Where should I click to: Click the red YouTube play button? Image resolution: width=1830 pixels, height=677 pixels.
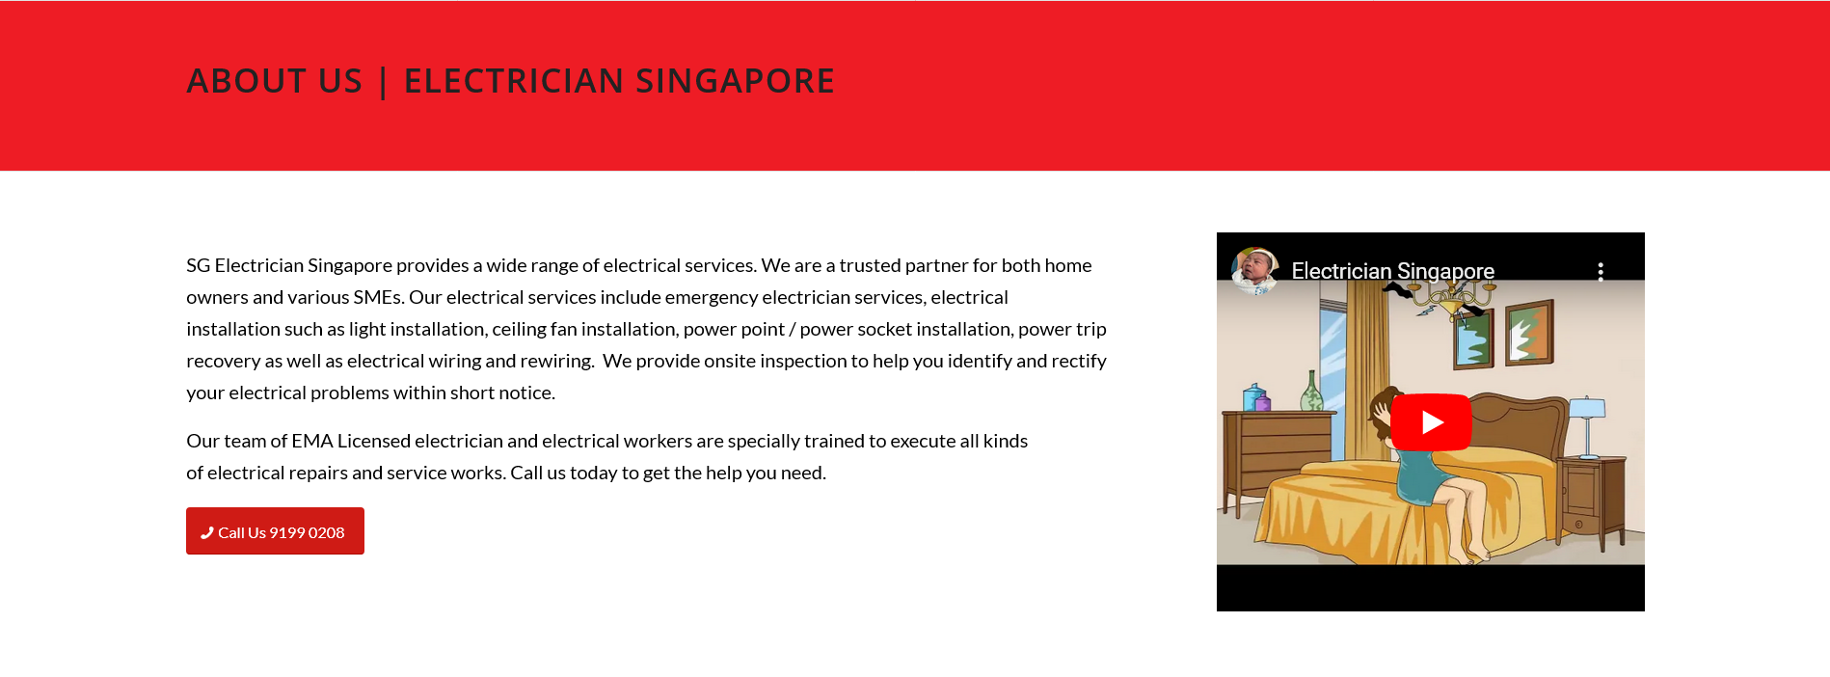click(x=1431, y=422)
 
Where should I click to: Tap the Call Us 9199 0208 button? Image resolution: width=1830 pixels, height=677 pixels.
click(x=275, y=531)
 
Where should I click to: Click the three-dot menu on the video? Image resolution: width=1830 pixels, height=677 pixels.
click(x=1601, y=272)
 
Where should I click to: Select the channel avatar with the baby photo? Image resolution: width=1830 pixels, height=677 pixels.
click(x=1254, y=271)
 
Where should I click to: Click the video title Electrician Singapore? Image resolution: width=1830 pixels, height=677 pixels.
click(x=1392, y=272)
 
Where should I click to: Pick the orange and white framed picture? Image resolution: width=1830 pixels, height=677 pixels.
click(x=1530, y=333)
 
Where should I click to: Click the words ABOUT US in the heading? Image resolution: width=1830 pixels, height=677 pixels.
click(x=275, y=81)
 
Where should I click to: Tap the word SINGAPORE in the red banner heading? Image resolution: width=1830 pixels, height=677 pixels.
click(x=735, y=81)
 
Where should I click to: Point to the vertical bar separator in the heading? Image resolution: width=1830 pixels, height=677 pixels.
click(x=384, y=82)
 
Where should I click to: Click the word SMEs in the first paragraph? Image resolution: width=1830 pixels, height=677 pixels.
click(x=377, y=297)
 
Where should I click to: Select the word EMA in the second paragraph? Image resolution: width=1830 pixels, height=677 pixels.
click(x=312, y=441)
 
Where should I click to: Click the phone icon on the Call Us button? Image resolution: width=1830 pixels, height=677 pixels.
click(x=206, y=532)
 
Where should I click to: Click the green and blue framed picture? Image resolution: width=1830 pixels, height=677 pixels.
click(x=1474, y=338)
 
